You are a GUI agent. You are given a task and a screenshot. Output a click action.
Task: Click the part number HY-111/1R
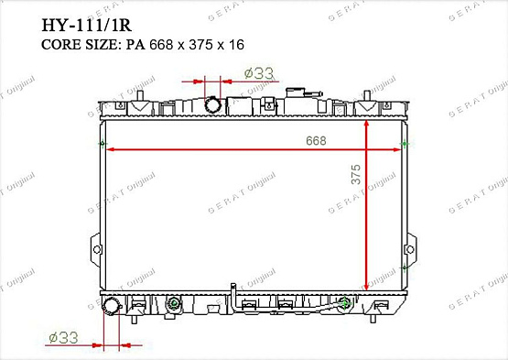(87, 26)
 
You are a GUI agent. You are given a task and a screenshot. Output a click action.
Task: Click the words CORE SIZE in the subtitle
(81, 45)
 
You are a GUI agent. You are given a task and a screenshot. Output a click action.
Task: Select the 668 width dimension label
(316, 140)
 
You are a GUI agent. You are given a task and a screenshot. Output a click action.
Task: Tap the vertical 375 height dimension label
(356, 174)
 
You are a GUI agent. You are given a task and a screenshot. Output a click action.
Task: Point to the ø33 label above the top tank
(259, 73)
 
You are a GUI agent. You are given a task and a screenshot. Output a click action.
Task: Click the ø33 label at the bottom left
(63, 338)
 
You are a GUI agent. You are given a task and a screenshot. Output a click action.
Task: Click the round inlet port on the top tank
(213, 104)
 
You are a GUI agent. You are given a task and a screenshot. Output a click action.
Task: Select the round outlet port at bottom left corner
(111, 306)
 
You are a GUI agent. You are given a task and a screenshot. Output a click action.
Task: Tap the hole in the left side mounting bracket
(96, 249)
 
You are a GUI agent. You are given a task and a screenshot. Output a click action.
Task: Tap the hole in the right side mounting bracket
(410, 249)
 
